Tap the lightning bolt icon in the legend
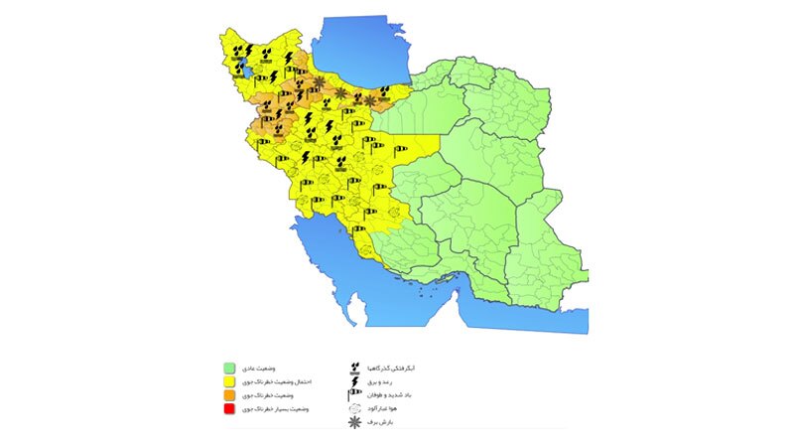pyautogui.click(x=355, y=381)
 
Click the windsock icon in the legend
pyautogui.click(x=355, y=395)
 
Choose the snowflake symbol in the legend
pyautogui.click(x=355, y=423)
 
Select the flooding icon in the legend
pyautogui.click(x=355, y=368)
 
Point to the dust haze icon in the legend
pyautogui.click(x=355, y=409)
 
